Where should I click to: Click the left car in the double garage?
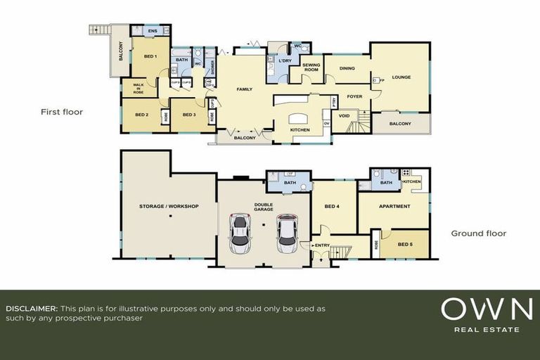click(x=240, y=234)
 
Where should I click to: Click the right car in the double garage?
click(x=287, y=234)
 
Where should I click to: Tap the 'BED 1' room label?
click(x=150, y=56)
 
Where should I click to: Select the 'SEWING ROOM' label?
click(x=311, y=67)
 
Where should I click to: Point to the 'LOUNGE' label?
click(x=401, y=77)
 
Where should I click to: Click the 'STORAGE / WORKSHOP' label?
click(x=169, y=206)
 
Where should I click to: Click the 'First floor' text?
click(x=63, y=112)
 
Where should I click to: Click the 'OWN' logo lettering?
click(x=487, y=309)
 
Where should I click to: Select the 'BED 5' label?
click(x=405, y=244)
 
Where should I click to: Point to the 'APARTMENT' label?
click(x=394, y=207)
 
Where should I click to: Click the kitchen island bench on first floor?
click(x=297, y=118)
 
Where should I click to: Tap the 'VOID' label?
click(x=344, y=117)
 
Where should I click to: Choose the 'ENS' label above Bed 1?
click(x=153, y=32)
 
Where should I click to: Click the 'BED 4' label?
click(x=333, y=206)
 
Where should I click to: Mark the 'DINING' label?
click(x=347, y=69)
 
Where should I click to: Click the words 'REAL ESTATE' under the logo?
click(x=487, y=329)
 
